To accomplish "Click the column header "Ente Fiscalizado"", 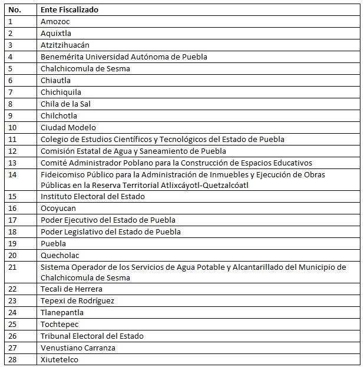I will [70, 10].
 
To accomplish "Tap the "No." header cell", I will [15, 10].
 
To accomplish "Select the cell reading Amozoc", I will [55, 22].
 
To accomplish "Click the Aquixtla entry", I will [56, 34].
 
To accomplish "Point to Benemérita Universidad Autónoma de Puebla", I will [124, 57].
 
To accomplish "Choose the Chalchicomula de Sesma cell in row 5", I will [85, 69].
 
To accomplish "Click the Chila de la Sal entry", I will [65, 104].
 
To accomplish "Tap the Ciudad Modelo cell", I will [68, 128].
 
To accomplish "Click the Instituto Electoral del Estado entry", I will [92, 197].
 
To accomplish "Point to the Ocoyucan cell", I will [58, 209].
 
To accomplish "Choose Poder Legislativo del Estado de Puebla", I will [111, 232].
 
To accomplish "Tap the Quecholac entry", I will [60, 256].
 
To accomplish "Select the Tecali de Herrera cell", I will [71, 289].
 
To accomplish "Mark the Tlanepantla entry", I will [62, 313].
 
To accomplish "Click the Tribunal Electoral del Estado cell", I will [92, 336].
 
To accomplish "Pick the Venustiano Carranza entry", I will [78, 348].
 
